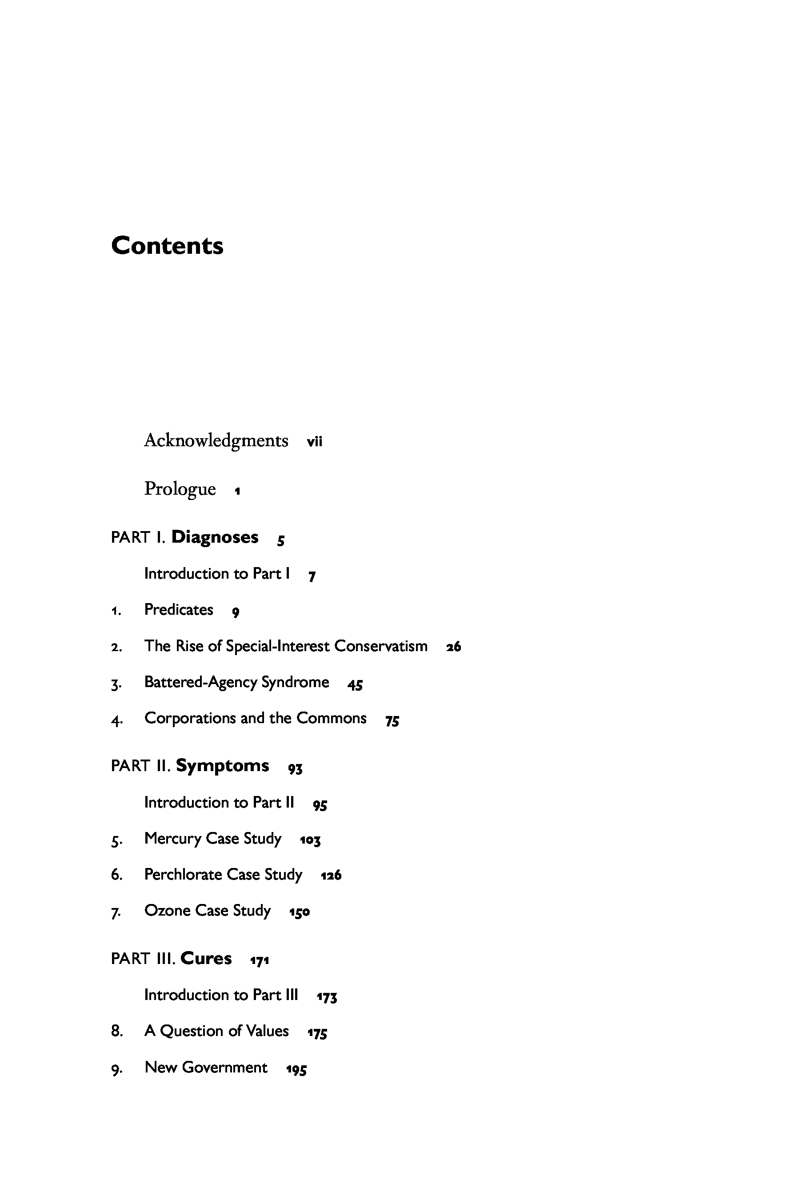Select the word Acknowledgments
tap(216, 440)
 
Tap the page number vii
tap(314, 442)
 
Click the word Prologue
tap(180, 489)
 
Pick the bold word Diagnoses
tap(215, 537)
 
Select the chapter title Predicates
tap(179, 610)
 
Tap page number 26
tap(453, 647)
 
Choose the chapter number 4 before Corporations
tap(116, 720)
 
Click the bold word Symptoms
tap(223, 766)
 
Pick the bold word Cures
tap(206, 958)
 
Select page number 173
tap(327, 996)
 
